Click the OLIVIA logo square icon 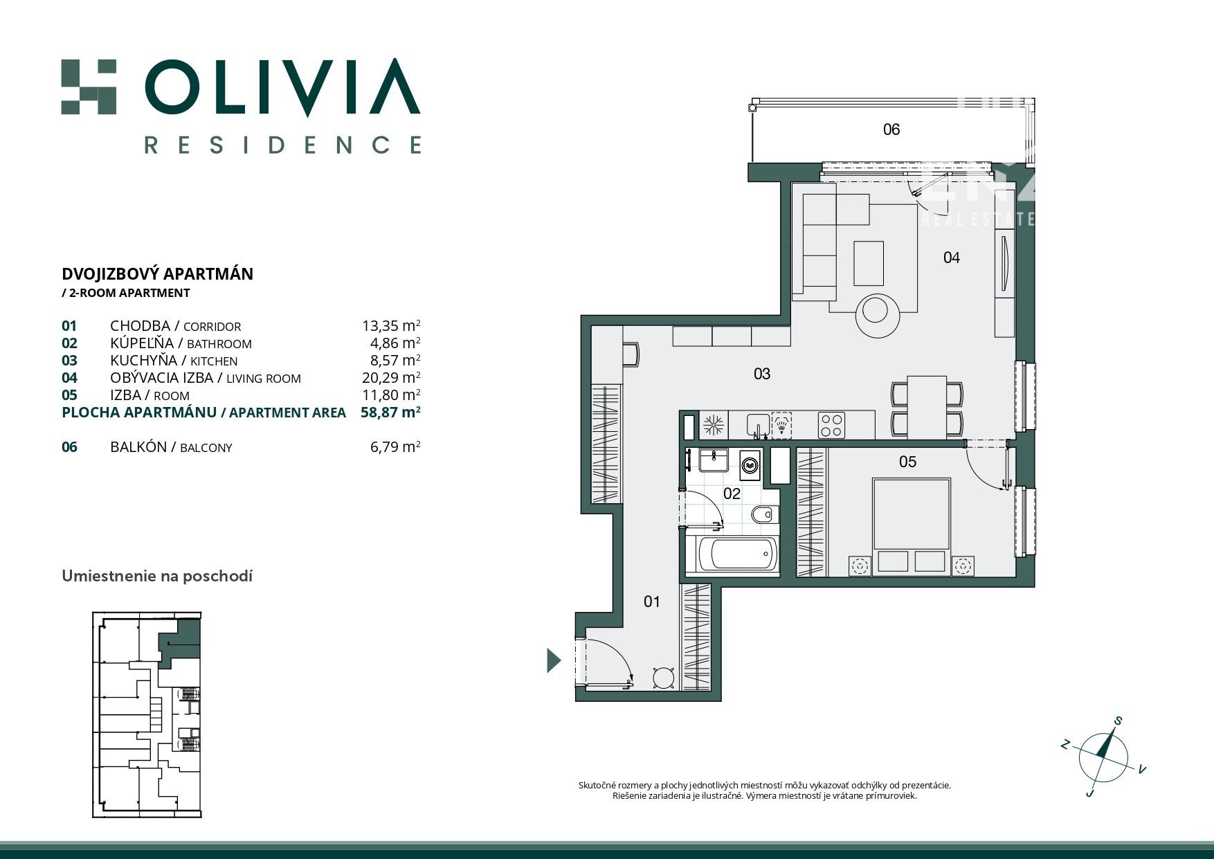(89, 87)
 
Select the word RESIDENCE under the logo (282, 145)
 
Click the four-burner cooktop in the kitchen (831, 425)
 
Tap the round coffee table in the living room (878, 315)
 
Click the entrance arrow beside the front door (553, 660)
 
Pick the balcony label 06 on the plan (891, 129)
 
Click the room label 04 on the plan (952, 257)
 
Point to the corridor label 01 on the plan (652, 602)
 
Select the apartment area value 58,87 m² (390, 413)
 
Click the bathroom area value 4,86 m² (396, 343)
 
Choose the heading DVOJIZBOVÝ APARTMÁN (158, 274)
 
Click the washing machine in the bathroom (750, 466)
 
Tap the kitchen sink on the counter (758, 424)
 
